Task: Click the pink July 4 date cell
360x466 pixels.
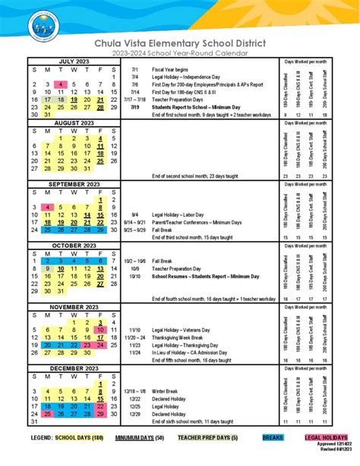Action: click(x=61, y=84)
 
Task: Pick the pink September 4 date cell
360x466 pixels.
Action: click(x=48, y=208)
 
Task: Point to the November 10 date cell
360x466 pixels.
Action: click(x=99, y=331)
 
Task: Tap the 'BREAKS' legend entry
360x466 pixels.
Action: click(x=273, y=439)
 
